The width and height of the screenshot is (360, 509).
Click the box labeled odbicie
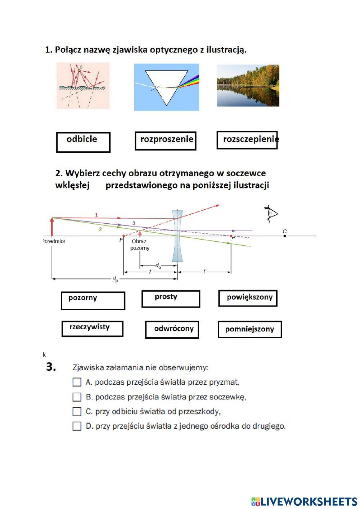click(83, 142)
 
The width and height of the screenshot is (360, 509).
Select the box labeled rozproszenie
click(166, 140)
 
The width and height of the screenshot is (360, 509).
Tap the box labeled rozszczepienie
click(247, 140)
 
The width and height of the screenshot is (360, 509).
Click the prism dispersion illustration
click(166, 87)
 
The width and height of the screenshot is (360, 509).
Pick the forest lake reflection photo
click(248, 86)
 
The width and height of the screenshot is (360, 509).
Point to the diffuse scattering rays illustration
click(83, 86)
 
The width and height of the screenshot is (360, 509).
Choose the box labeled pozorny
click(93, 300)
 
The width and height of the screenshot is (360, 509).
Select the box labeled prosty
click(171, 299)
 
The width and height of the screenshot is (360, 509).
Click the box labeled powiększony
click(248, 298)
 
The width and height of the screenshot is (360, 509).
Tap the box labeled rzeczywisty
click(92, 329)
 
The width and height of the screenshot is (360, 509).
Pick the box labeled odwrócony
click(172, 330)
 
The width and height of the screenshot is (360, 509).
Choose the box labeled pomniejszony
click(249, 329)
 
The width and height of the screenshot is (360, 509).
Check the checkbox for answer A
click(77, 382)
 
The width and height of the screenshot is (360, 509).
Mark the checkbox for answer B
click(77, 397)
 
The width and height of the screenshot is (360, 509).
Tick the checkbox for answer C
click(77, 411)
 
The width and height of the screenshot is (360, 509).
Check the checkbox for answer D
click(77, 426)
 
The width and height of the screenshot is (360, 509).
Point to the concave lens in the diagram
click(177, 236)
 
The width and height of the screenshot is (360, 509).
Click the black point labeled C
click(285, 236)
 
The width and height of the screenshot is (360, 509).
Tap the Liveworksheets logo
click(304, 501)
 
